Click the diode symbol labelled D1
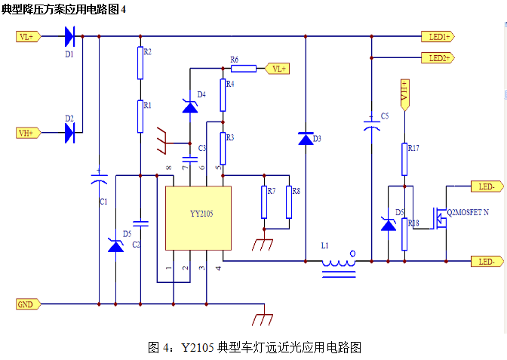tap(70, 35)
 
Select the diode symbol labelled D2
tap(70, 133)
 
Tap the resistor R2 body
tap(140, 63)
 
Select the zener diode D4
tap(189, 107)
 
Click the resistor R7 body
tap(263, 202)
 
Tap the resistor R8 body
tap(289, 202)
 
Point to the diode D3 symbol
tap(305, 139)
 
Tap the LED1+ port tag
tap(437, 36)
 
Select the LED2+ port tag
tap(437, 57)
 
